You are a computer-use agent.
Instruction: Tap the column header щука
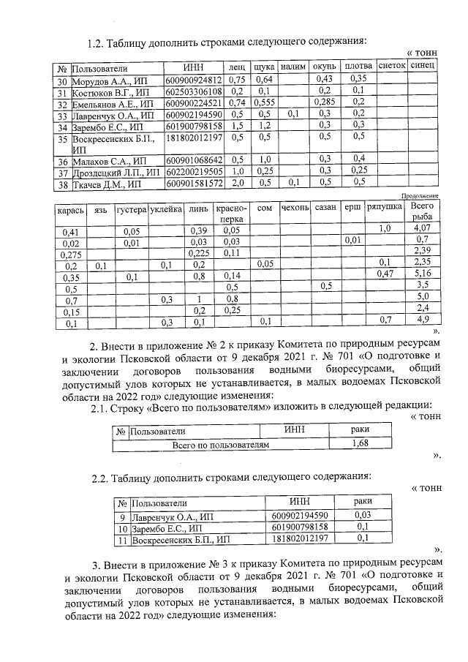pyautogui.click(x=264, y=67)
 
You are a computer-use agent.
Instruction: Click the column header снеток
pyautogui.click(x=393, y=67)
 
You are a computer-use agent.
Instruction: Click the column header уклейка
pyautogui.click(x=166, y=208)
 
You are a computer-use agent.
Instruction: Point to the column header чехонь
pyautogui.click(x=295, y=208)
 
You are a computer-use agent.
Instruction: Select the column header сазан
pyautogui.click(x=326, y=208)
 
